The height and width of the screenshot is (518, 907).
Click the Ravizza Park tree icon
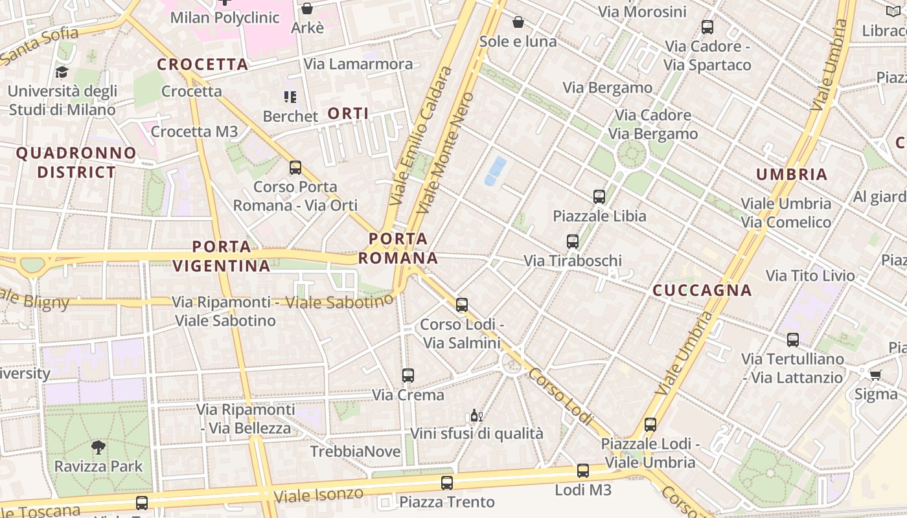point(98,447)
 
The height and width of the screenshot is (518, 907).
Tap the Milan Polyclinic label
point(225,17)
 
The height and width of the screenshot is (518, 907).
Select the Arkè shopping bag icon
point(307,8)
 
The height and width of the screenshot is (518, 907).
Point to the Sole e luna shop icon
point(518,23)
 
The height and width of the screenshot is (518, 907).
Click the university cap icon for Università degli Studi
point(62,72)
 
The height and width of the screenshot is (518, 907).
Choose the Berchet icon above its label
point(290,98)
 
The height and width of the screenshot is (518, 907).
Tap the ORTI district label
point(348,114)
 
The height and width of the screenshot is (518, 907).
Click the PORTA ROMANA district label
point(398,249)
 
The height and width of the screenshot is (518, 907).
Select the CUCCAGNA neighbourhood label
point(702,290)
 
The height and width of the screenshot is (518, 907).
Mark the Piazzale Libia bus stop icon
point(599,196)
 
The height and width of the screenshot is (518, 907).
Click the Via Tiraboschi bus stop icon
point(573,242)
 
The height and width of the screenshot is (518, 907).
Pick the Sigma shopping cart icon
point(876,375)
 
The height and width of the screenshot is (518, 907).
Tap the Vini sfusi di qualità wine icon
point(477,415)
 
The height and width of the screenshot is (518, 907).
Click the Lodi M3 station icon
point(583,471)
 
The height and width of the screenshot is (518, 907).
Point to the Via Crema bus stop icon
point(408,376)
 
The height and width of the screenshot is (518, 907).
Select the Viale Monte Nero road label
point(446,153)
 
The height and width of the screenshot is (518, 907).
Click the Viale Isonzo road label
point(318,495)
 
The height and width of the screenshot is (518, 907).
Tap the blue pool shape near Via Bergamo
point(496,170)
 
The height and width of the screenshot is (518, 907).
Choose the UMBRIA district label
point(792,174)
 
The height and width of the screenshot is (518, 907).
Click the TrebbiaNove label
point(356,451)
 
